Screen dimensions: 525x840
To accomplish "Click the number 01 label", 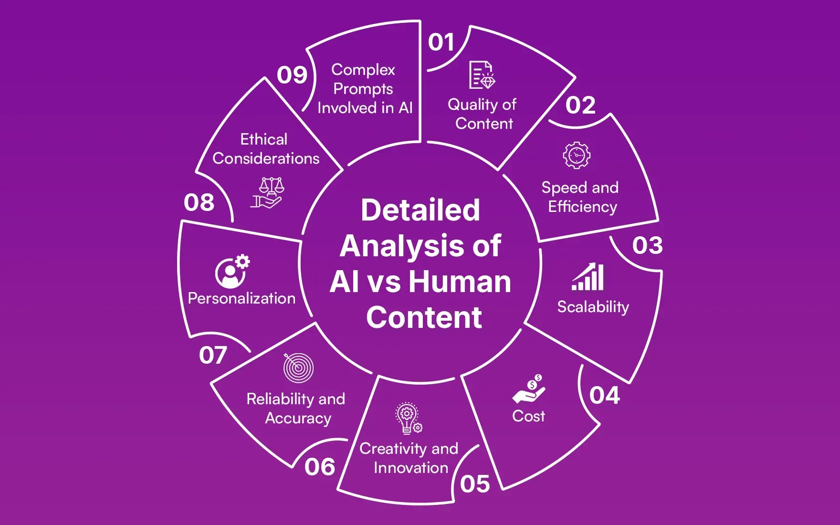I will pyautogui.click(x=441, y=42).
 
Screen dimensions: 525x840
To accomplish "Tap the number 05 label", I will pyautogui.click(x=475, y=484).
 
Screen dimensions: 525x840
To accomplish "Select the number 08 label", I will pyautogui.click(x=199, y=202).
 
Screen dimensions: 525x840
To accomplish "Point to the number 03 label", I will pyautogui.click(x=647, y=245).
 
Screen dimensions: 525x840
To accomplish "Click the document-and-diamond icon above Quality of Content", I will pyautogui.click(x=482, y=75).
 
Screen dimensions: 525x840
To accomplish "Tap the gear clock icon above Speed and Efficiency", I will pyautogui.click(x=577, y=155).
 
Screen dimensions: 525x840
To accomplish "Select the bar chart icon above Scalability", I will pyautogui.click(x=588, y=277).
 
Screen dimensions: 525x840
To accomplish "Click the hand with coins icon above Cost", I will pyautogui.click(x=529, y=389).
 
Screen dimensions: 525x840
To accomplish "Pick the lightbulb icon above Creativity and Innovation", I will pyautogui.click(x=408, y=418).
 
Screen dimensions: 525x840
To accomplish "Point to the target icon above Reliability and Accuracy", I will pyautogui.click(x=298, y=368).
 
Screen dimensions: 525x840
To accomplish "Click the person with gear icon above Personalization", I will pyautogui.click(x=232, y=271).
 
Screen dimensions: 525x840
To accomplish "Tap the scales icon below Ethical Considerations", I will pyautogui.click(x=268, y=192).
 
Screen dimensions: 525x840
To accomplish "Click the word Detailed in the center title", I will pyautogui.click(x=420, y=210).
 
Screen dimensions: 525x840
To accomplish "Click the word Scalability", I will pyautogui.click(x=593, y=306).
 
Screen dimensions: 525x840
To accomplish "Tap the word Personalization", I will pyautogui.click(x=241, y=298).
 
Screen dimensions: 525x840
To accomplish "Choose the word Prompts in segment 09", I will pyautogui.click(x=363, y=89).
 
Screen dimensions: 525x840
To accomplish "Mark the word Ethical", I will pyautogui.click(x=263, y=139).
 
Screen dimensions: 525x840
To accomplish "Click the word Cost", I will pyautogui.click(x=528, y=416).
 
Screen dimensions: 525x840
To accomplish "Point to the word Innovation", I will pyautogui.click(x=411, y=468).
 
